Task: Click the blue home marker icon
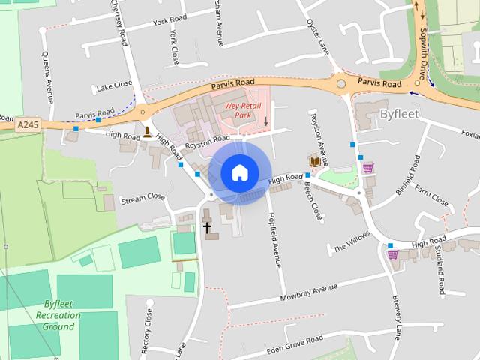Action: coord(238,172)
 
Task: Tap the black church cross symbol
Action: coord(206,226)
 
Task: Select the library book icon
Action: coord(315,160)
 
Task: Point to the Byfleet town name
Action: coord(402,115)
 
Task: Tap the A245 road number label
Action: coord(28,124)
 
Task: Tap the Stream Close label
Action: coord(142,197)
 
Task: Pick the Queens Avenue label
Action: coord(47,77)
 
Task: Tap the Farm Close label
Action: coord(432,196)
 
